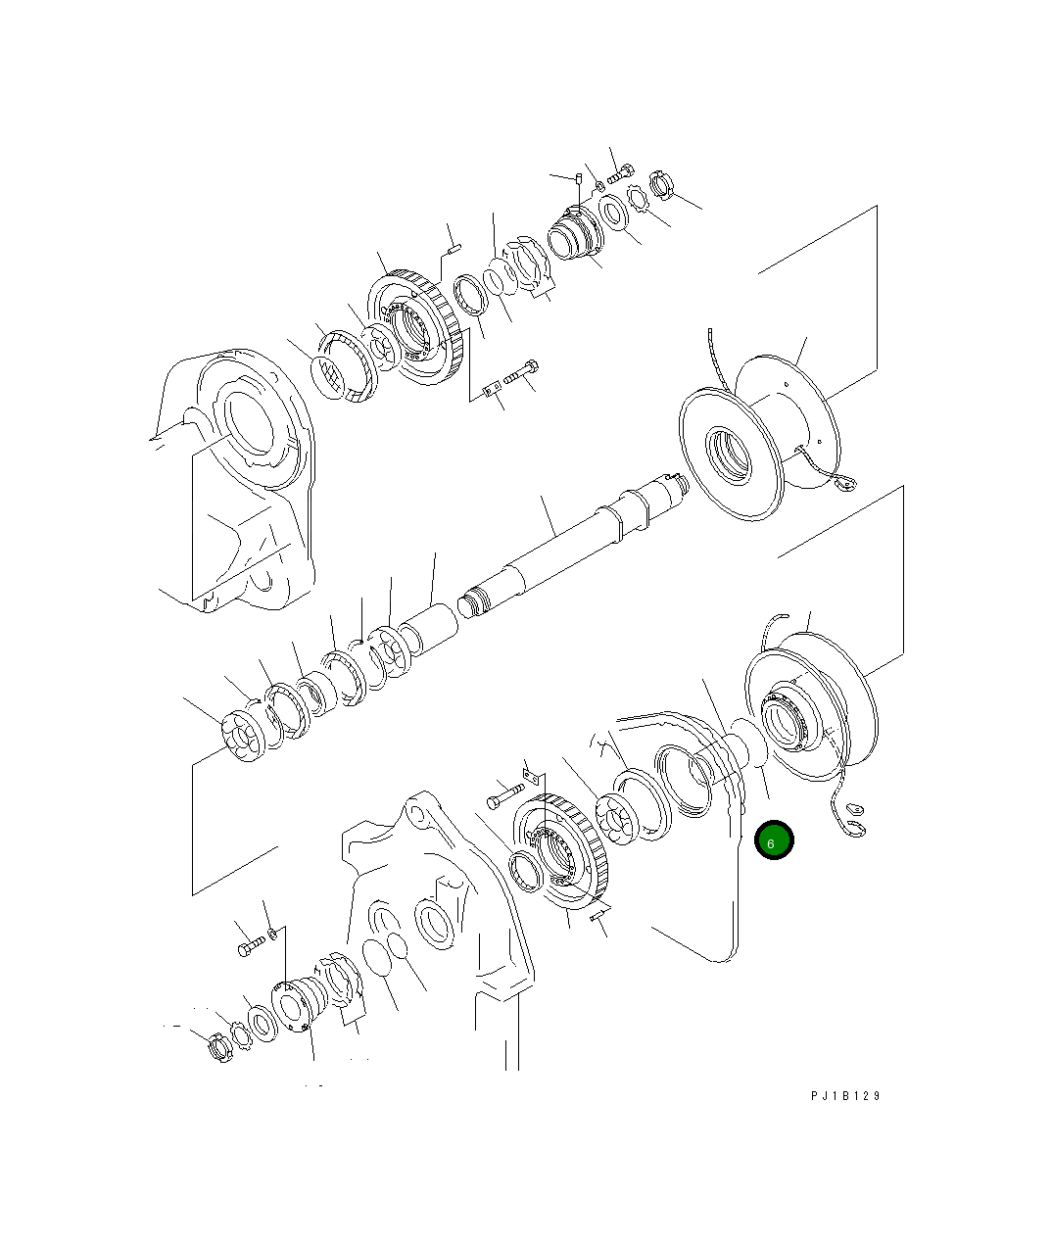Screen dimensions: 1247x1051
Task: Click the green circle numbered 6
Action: click(774, 840)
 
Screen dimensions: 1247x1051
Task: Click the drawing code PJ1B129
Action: click(845, 1096)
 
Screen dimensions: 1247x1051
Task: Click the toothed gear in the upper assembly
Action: click(415, 328)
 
